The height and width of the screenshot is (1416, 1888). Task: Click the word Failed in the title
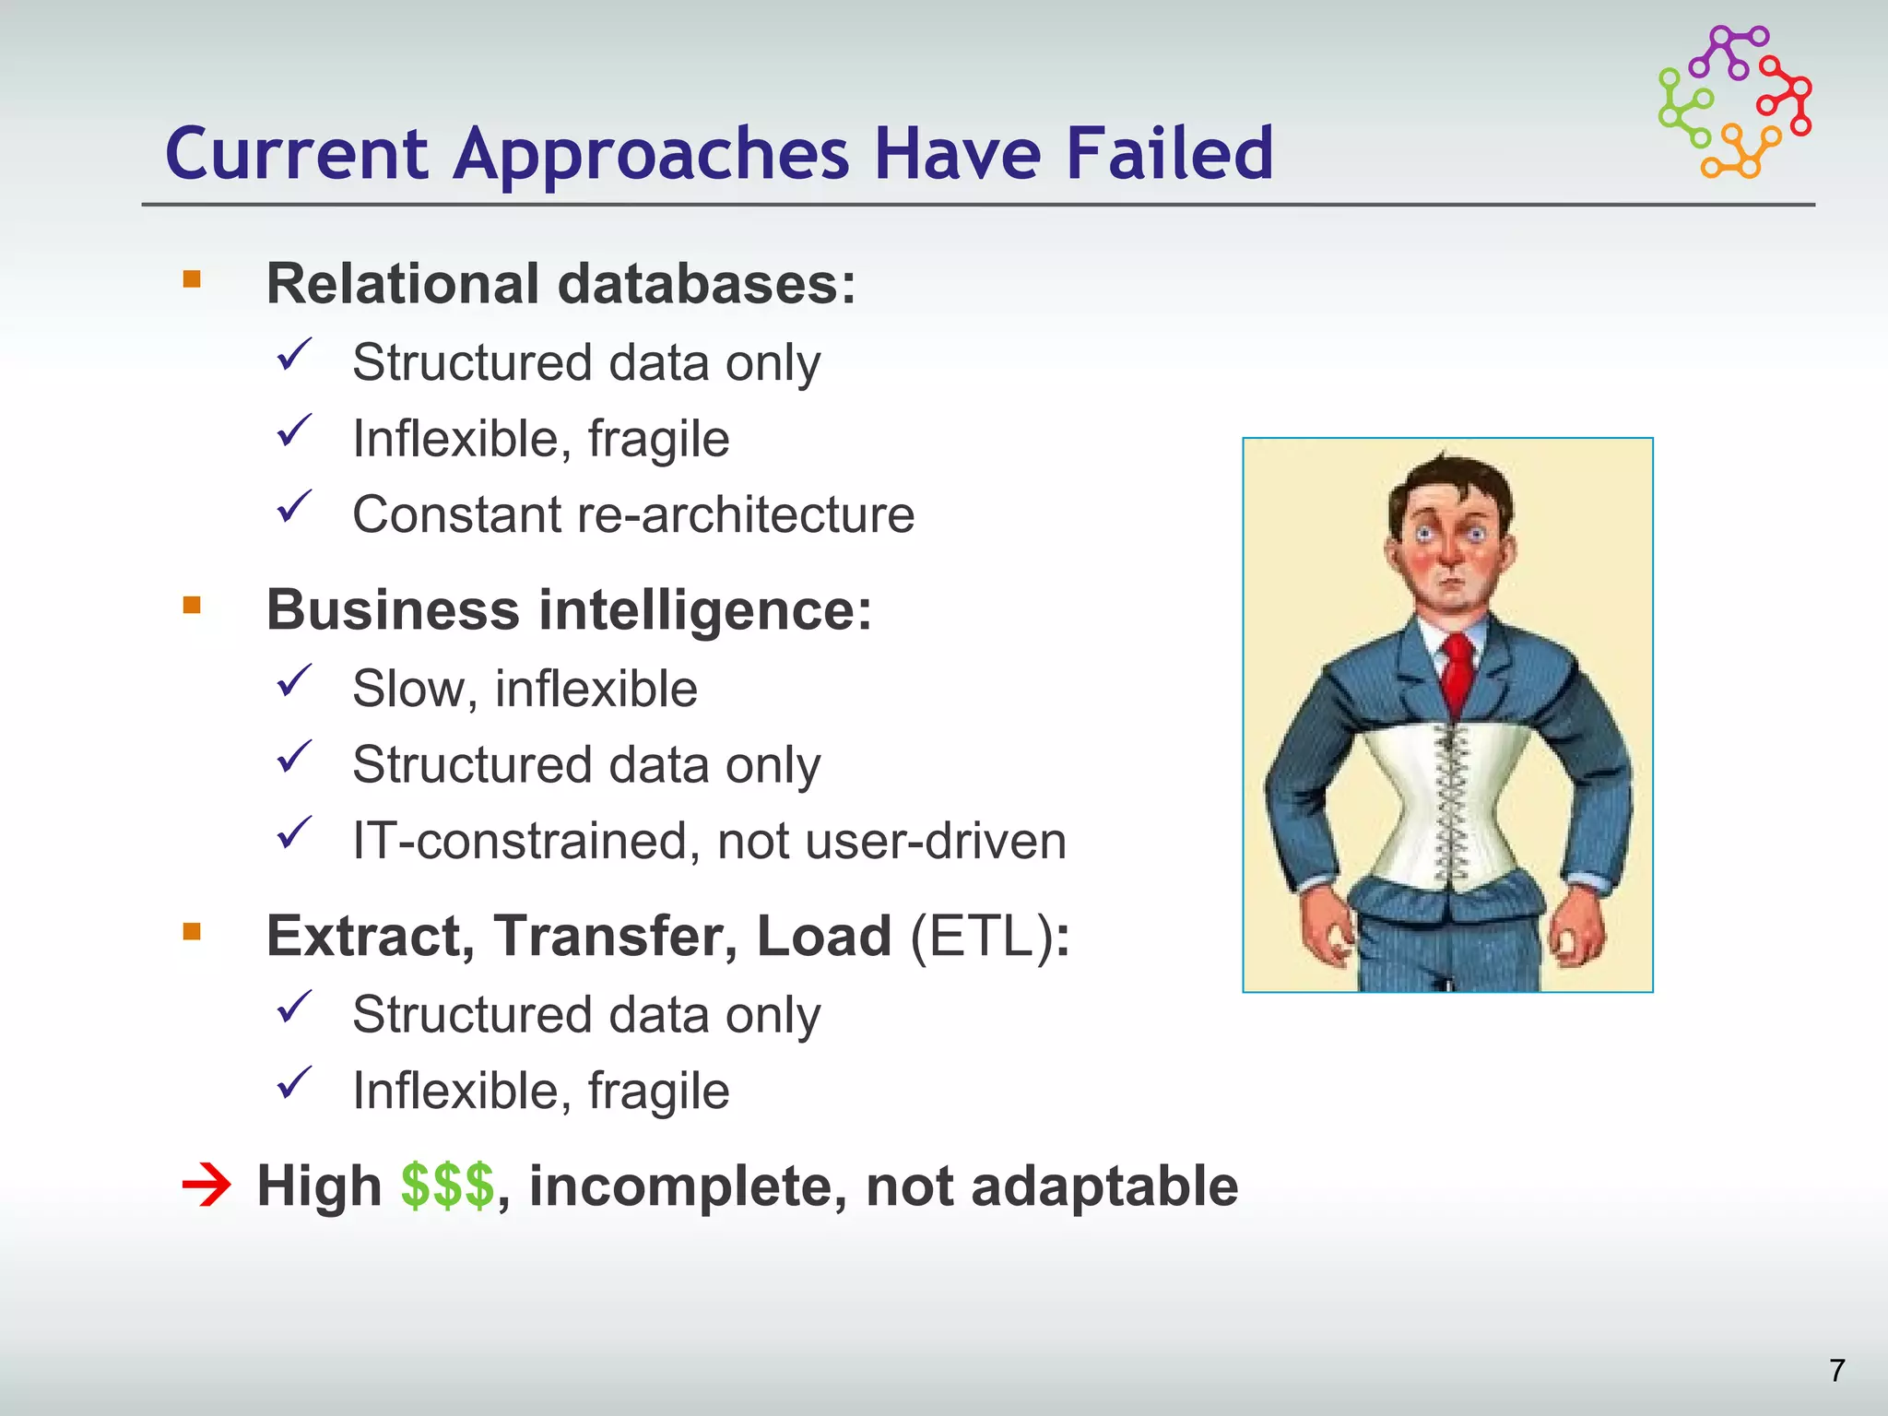(x=1169, y=153)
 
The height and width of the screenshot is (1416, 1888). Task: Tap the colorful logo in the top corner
(x=1734, y=102)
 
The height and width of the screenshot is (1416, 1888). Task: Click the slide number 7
(x=1836, y=1371)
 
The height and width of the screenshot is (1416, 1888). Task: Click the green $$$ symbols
(x=447, y=1186)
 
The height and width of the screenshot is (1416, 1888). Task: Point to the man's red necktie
(x=1457, y=673)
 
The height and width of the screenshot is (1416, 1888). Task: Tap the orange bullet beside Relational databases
(x=192, y=279)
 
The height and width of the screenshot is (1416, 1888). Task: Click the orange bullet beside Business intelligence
(x=192, y=606)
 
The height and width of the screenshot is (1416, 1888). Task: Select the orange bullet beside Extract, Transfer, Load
(x=192, y=931)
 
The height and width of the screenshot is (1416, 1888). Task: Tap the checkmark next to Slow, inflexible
(x=295, y=681)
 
